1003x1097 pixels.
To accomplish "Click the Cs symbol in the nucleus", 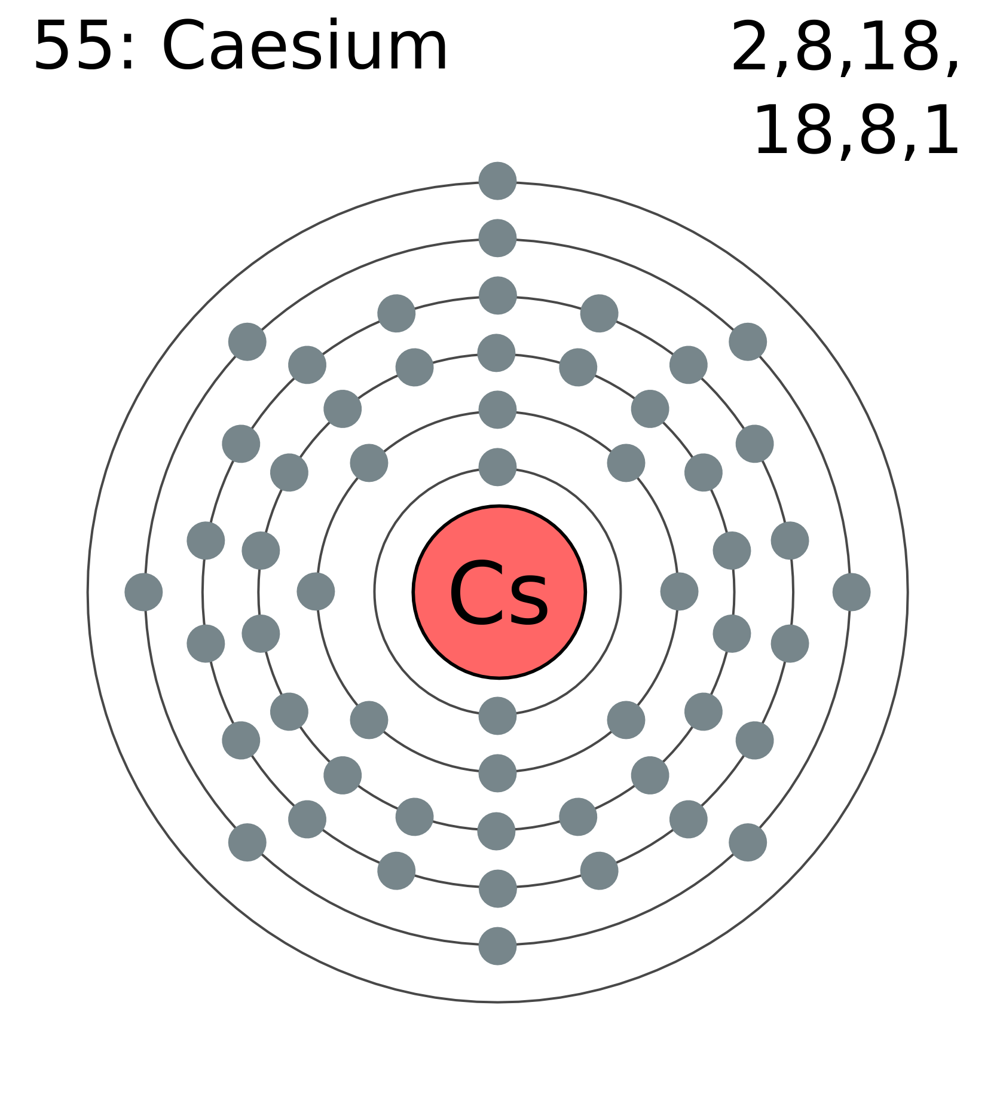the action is tap(499, 594).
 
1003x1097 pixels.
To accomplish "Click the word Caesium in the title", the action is tap(305, 46).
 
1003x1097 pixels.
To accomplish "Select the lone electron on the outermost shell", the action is tap(498, 181).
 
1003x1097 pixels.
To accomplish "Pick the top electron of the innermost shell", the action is tap(498, 467).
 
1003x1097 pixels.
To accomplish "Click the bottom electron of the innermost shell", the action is tap(498, 716).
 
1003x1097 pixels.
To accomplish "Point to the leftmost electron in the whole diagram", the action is tap(143, 592).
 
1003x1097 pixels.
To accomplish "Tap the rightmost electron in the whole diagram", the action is tap(851, 592).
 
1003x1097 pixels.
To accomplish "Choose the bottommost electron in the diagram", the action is tap(498, 946).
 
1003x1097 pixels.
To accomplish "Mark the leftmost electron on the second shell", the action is tap(316, 592).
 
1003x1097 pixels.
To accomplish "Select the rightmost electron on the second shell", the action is tap(679, 592).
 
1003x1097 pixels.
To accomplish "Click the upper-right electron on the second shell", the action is tap(626, 463).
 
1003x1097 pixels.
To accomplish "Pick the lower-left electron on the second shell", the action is tap(369, 720).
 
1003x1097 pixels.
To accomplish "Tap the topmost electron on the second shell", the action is tap(498, 410).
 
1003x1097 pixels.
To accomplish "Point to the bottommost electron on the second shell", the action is tap(498, 773).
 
